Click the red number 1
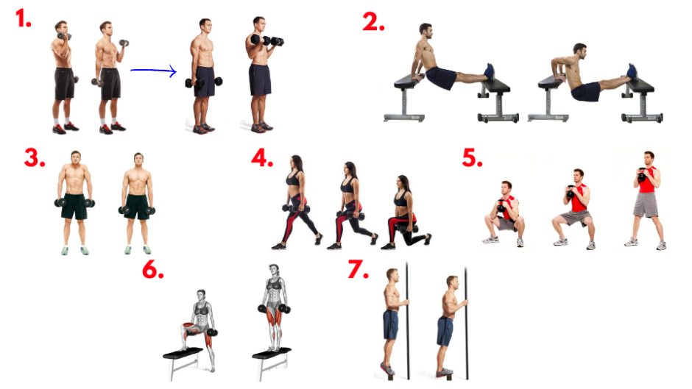pos(23,18)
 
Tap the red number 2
pos(373,22)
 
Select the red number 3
pos(35,158)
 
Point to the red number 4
pos(261,158)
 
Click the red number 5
pos(472,158)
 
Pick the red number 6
pos(152,269)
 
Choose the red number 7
pos(358,269)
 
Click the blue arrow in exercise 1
pos(153,71)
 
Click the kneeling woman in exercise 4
pos(406,213)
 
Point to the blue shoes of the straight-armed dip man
pos(489,72)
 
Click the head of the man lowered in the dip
pos(580,51)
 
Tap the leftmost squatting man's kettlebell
pos(501,207)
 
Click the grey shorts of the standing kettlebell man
pos(645,204)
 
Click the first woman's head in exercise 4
pos(296,163)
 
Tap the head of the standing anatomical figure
pos(274,270)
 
